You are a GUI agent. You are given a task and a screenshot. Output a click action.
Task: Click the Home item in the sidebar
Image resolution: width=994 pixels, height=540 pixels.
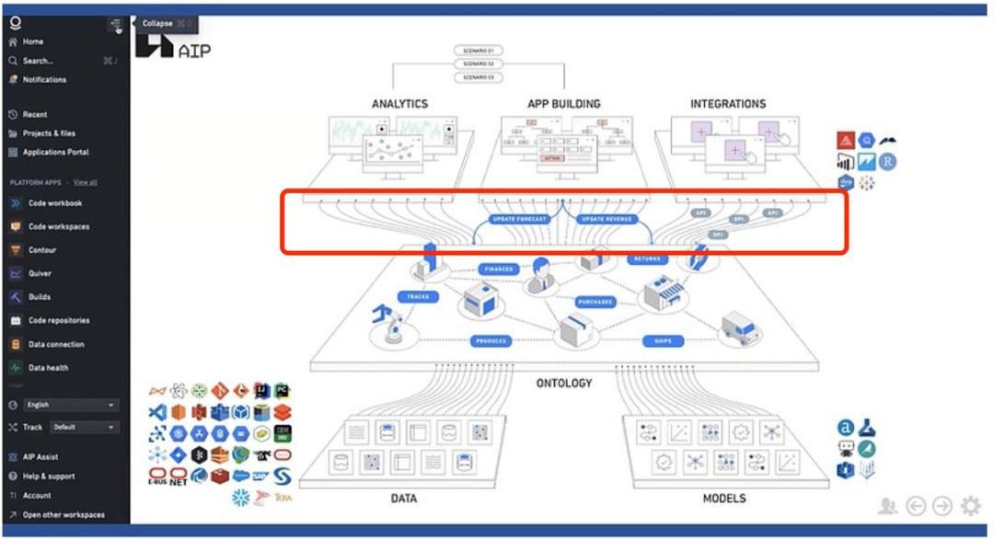pyautogui.click(x=32, y=42)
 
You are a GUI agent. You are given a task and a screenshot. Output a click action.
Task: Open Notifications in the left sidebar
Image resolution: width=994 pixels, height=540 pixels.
pyautogui.click(x=44, y=80)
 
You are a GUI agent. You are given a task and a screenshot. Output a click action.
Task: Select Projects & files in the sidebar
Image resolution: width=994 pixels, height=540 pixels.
pyautogui.click(x=49, y=133)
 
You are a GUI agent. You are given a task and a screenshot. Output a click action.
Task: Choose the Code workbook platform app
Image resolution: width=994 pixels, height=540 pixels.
pyautogui.click(x=54, y=203)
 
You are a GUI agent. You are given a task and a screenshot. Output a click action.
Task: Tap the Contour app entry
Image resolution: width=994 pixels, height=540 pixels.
pyautogui.click(x=41, y=250)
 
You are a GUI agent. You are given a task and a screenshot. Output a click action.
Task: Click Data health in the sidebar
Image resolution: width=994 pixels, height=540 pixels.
pyautogui.click(x=48, y=368)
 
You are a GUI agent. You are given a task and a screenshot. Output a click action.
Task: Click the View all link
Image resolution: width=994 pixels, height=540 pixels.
pyautogui.click(x=86, y=182)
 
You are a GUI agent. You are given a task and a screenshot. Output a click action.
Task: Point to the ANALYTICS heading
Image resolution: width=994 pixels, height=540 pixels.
pyautogui.click(x=399, y=104)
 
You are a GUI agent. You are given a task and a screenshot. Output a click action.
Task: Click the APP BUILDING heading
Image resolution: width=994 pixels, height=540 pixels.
pyautogui.click(x=563, y=104)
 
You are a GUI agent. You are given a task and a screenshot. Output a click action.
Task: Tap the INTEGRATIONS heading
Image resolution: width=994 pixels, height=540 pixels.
pyautogui.click(x=728, y=104)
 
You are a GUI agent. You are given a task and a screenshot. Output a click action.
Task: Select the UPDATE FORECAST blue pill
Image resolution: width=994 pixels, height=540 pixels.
pyautogui.click(x=520, y=220)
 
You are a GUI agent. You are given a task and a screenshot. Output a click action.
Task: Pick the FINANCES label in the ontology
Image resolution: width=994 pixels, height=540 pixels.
pyautogui.click(x=500, y=270)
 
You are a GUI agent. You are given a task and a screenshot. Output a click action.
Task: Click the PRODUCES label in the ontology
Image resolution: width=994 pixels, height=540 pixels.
pyautogui.click(x=491, y=341)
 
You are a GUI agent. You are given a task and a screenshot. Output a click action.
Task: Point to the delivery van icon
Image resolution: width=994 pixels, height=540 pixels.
pyautogui.click(x=741, y=328)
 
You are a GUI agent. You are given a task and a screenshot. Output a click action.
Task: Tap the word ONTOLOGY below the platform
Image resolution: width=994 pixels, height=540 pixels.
pyautogui.click(x=564, y=383)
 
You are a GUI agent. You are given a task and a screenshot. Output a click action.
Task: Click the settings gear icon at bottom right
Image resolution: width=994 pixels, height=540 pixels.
pyautogui.click(x=970, y=505)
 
